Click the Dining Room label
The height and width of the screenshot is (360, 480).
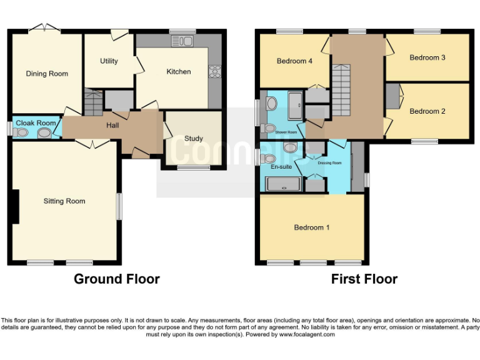(x=47, y=74)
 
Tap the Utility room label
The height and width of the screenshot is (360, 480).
(x=109, y=61)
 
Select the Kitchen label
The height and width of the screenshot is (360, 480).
(x=178, y=72)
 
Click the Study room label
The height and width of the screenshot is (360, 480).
(x=193, y=138)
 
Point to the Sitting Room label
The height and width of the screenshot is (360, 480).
(x=64, y=201)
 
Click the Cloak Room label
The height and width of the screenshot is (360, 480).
(x=35, y=123)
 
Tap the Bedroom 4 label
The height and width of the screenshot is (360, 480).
(x=294, y=61)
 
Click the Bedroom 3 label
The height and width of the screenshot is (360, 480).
(x=427, y=57)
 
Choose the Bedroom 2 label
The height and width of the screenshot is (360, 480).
(x=427, y=111)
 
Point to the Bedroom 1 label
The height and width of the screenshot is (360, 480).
(x=312, y=227)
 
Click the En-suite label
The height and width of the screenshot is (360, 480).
(x=281, y=167)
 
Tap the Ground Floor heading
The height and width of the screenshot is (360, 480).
(x=117, y=279)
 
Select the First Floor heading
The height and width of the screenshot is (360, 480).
(x=364, y=279)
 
